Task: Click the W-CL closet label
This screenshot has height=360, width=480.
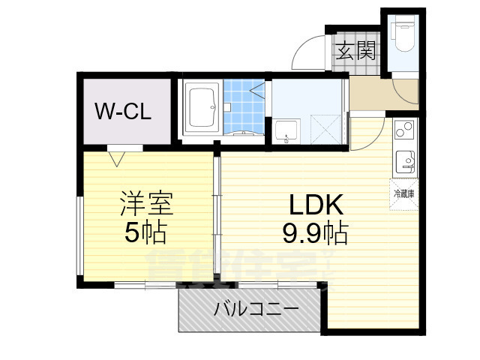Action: tap(123, 112)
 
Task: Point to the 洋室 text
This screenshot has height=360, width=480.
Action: tap(147, 202)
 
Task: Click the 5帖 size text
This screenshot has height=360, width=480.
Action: tap(145, 233)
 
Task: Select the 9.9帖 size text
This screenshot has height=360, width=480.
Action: tap(314, 235)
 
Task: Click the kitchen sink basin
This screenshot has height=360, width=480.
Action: tap(405, 160)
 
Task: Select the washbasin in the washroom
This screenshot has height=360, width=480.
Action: tap(286, 132)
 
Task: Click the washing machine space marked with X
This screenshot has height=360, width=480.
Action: tap(325, 127)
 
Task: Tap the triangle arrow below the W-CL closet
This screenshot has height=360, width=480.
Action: tap(117, 157)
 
